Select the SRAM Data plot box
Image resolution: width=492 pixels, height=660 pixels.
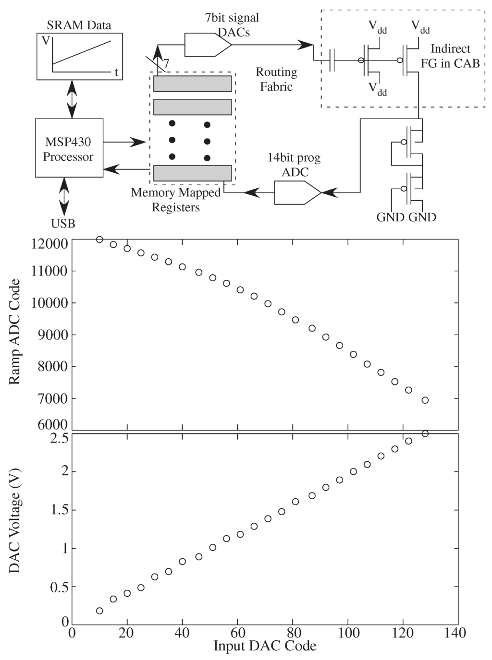coord(80,56)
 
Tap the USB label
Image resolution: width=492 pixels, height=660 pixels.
coord(63,224)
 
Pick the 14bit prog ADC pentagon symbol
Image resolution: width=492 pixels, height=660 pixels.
coord(297,192)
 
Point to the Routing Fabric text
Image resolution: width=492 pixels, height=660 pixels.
coord(276,79)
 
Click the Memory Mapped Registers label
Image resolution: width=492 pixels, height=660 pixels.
coord(176,200)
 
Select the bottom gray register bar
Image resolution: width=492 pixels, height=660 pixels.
coord(193,173)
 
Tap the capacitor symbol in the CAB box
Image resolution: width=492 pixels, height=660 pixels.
coord(332,60)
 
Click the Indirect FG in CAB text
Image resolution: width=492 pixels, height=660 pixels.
coord(450,56)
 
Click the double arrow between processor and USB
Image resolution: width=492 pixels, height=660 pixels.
coord(63,197)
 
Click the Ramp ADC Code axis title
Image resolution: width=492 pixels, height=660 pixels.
coord(15,332)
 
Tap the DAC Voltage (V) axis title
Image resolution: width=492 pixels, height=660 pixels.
coord(15,520)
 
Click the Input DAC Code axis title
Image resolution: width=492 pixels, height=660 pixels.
coord(265,646)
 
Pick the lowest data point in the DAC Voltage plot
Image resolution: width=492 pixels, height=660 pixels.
coord(99,611)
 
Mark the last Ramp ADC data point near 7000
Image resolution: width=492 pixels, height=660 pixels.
coord(425,400)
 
